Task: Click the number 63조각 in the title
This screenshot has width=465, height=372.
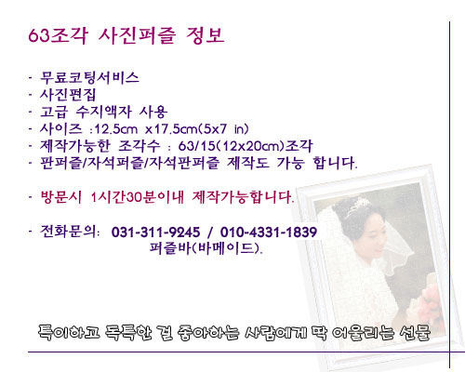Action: tap(58, 35)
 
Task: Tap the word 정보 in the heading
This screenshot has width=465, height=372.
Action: tap(205, 35)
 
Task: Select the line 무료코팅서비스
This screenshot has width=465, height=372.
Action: tap(89, 77)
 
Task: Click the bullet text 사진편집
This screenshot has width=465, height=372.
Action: tap(68, 95)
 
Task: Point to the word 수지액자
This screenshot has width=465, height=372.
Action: tap(104, 112)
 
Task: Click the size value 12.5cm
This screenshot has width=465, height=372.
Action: tap(115, 129)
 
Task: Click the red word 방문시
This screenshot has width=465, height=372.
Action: tap(61, 197)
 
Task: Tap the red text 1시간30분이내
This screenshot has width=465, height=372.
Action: tap(137, 197)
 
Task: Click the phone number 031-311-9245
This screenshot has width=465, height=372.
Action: tap(155, 232)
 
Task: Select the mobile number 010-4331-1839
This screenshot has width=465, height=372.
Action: tap(269, 232)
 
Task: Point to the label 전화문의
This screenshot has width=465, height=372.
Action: tap(70, 232)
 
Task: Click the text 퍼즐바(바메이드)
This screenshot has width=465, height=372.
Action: tap(206, 248)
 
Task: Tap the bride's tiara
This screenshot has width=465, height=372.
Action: tap(359, 206)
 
